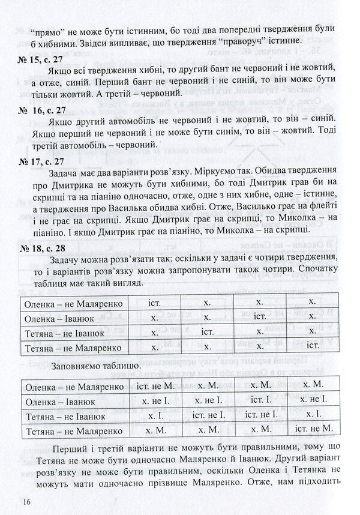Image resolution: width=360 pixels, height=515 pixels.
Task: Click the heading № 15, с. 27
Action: tap(42, 58)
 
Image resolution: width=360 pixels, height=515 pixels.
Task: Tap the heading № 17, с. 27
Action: tap(42, 162)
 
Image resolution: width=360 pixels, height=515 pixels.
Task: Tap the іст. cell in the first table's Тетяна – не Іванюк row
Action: tap(207, 331)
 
